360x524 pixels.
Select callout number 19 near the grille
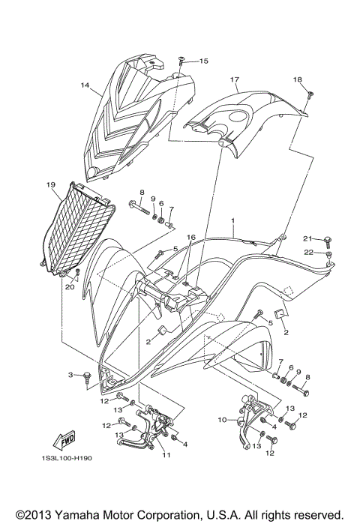point(50,184)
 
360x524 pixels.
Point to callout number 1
point(233,222)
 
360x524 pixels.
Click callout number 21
point(307,238)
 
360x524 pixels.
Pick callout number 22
point(307,252)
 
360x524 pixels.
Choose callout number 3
point(71,374)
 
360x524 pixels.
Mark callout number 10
point(220,421)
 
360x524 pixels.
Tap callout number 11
point(166,455)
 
